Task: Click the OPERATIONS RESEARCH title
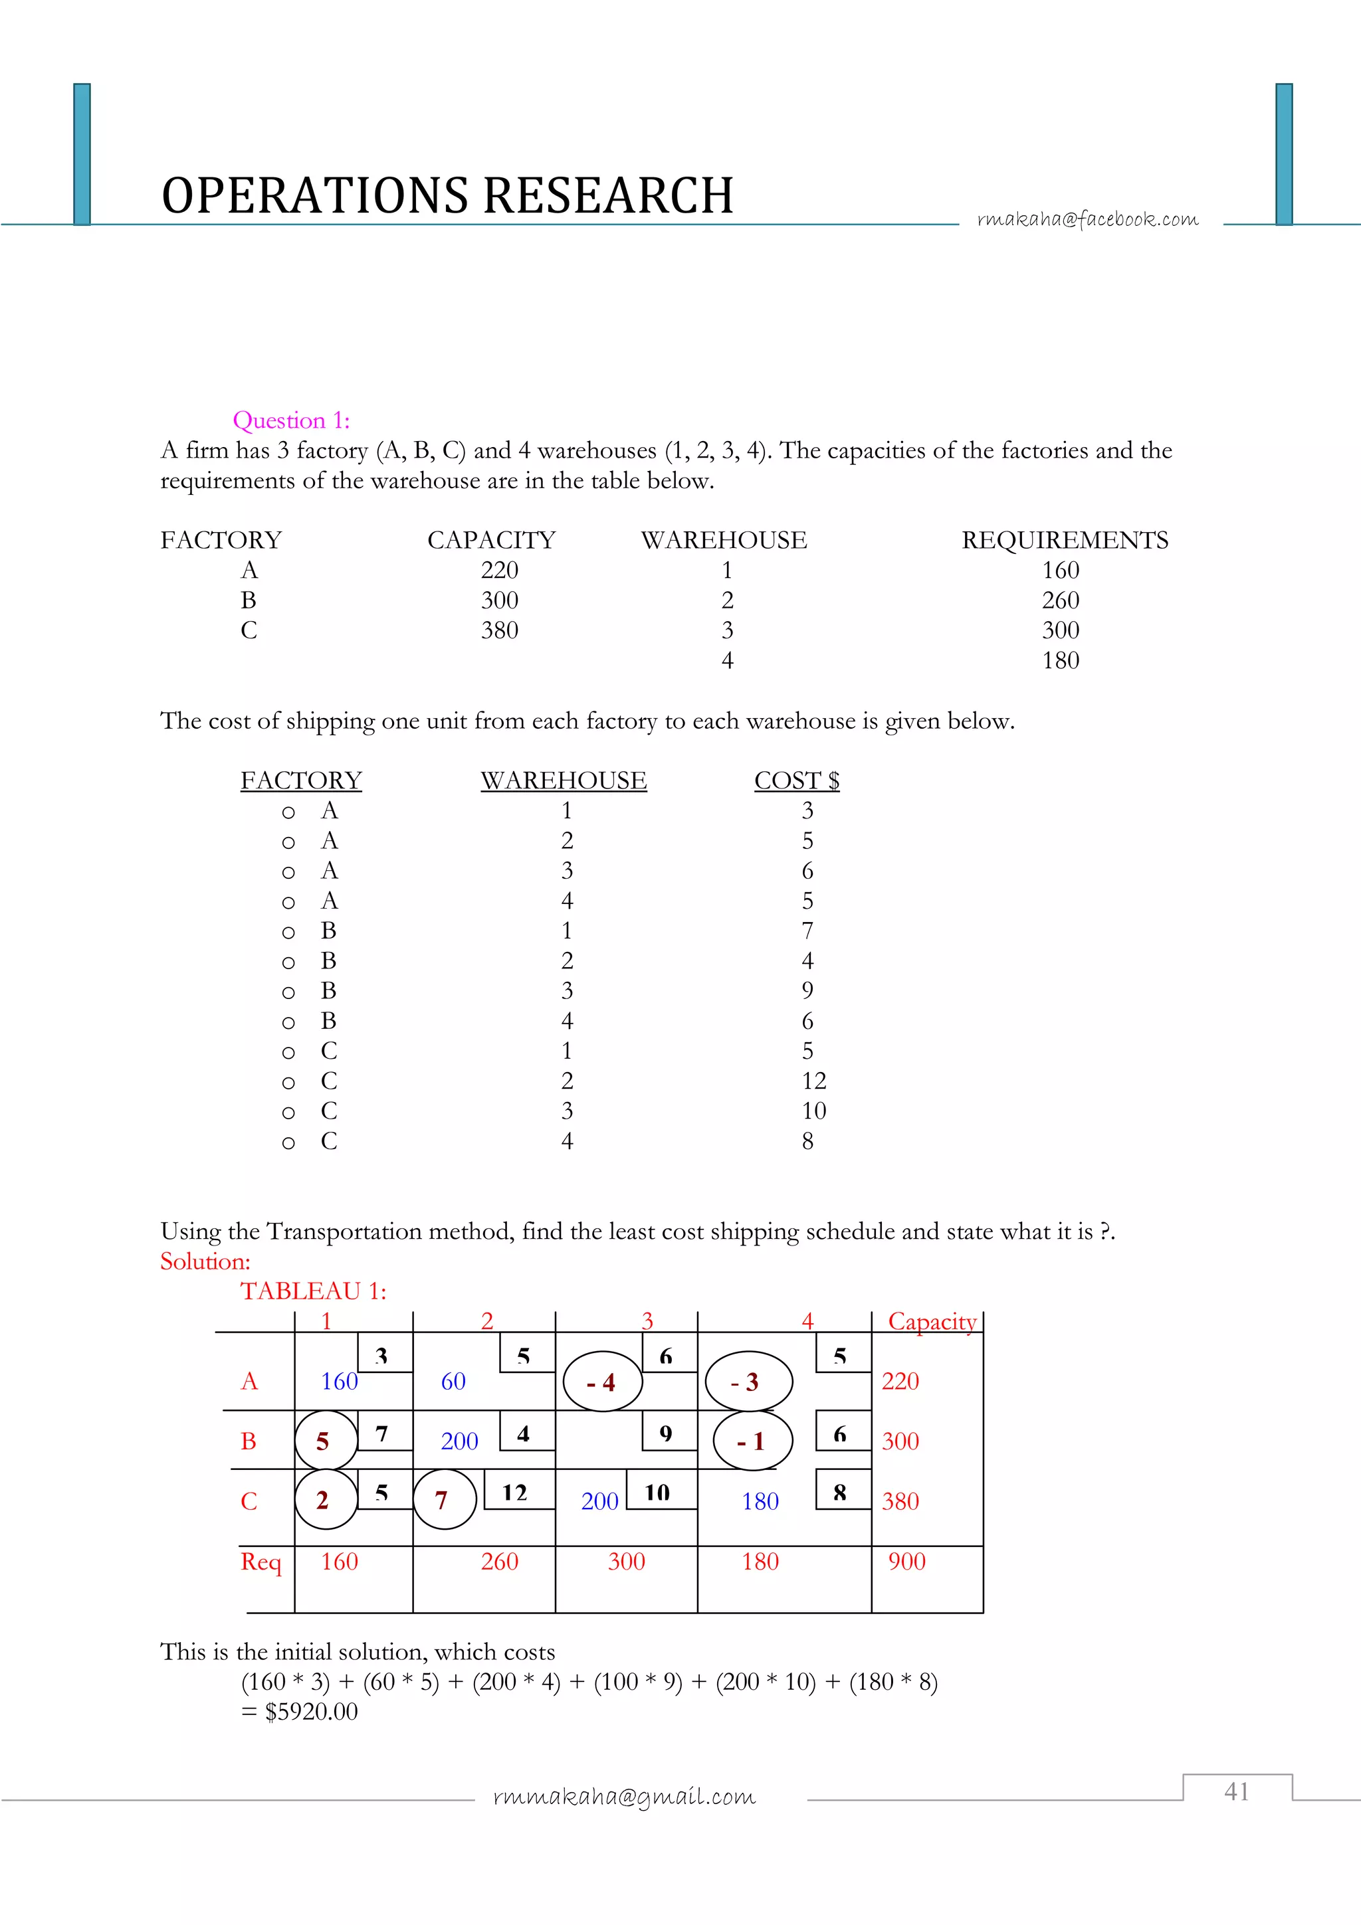coord(447,196)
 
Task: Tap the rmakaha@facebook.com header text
coord(1088,219)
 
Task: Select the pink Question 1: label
coord(291,420)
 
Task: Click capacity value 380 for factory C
coord(499,630)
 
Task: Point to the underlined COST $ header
coord(796,780)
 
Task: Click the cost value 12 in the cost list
coord(813,1081)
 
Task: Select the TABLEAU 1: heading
coord(314,1291)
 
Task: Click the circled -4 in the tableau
coord(602,1382)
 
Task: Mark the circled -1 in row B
coord(752,1441)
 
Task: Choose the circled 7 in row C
coord(443,1500)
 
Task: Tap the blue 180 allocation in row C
coord(760,1502)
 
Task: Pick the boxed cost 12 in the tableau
coord(515,1493)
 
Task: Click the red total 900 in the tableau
coord(906,1561)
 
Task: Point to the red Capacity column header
coord(932,1322)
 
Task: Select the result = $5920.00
coord(299,1711)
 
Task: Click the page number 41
coord(1236,1791)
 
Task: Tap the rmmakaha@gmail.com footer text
coord(624,1796)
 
